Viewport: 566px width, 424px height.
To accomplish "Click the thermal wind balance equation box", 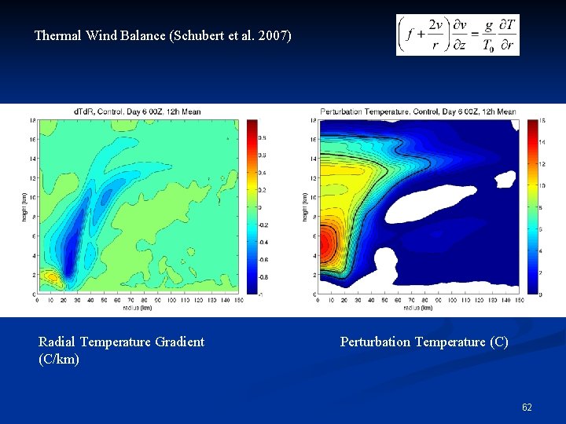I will tap(458, 35).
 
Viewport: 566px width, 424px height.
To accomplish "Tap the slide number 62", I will tap(527, 407).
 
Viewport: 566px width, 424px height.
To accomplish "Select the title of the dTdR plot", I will tap(138, 111).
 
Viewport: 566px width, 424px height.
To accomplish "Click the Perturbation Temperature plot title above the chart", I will tap(417, 111).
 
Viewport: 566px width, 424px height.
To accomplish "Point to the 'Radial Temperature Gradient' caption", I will tap(121, 342).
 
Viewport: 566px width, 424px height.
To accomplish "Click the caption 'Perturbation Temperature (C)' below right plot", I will tap(424, 342).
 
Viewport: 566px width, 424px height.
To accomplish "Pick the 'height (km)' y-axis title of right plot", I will tap(304, 207).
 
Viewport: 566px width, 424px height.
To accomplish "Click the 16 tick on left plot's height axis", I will tap(32, 139).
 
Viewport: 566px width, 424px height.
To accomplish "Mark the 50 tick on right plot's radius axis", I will tap(384, 300).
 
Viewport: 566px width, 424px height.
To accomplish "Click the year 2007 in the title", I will tap(276, 36).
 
